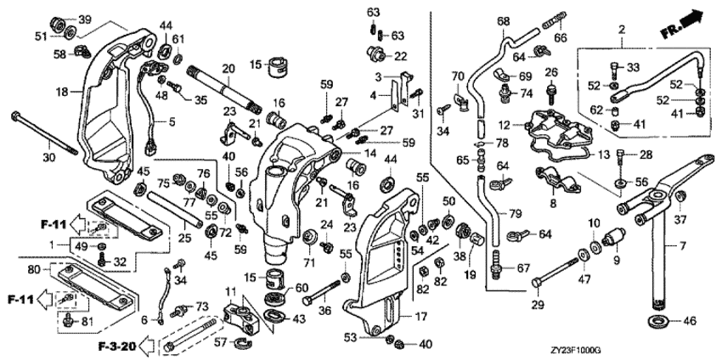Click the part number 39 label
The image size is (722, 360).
[85, 20]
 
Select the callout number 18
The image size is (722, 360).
[62, 91]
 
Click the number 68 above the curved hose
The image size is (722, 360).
[503, 20]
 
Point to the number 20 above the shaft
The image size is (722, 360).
[228, 69]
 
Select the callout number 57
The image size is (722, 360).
[219, 342]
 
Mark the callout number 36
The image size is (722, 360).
[324, 310]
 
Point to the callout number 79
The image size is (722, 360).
[516, 212]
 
